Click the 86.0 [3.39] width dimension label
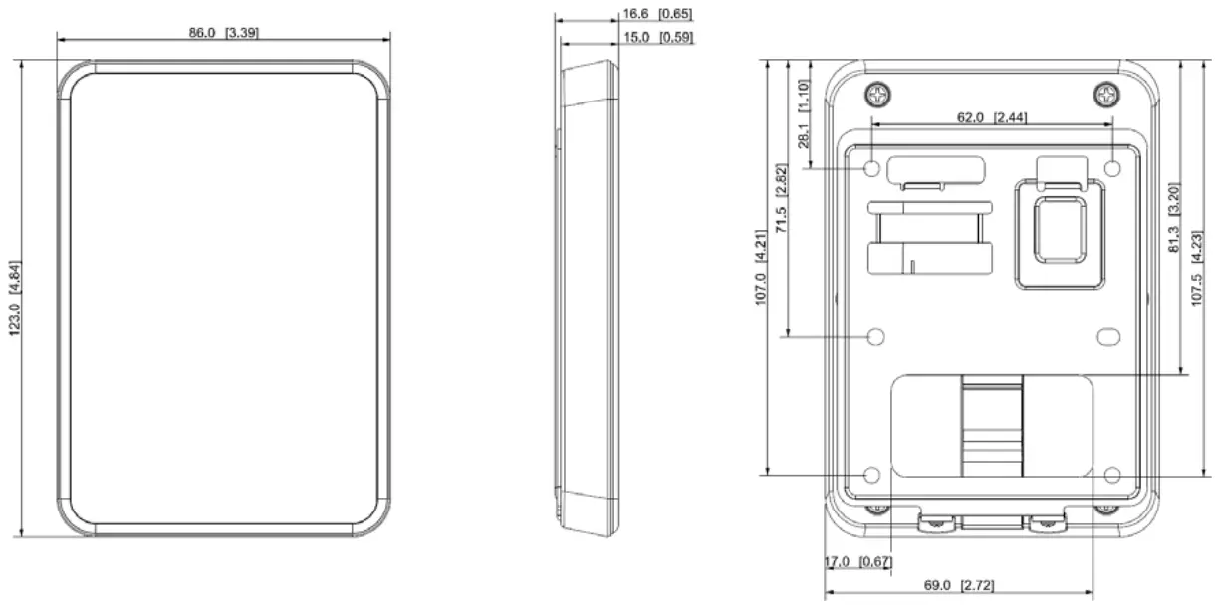(x=223, y=33)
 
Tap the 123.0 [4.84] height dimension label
(x=15, y=299)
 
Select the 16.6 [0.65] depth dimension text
(x=657, y=14)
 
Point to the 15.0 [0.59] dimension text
(x=658, y=38)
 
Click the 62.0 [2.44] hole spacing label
(x=992, y=117)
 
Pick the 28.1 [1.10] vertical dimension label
(x=804, y=113)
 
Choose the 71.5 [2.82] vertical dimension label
(x=781, y=198)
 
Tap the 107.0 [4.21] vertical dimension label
(x=761, y=268)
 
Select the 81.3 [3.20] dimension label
(x=1174, y=217)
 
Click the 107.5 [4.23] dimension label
(x=1196, y=269)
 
